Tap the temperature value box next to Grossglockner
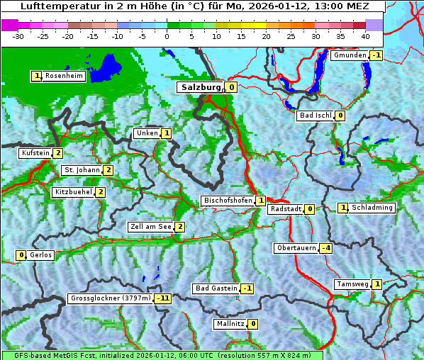[x=164, y=298]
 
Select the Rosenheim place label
[x=64, y=76]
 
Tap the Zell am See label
[x=150, y=227]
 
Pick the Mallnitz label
[x=230, y=324]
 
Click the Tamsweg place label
[x=352, y=284]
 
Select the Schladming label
[x=372, y=208]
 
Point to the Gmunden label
[x=350, y=55]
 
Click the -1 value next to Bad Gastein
[x=247, y=288]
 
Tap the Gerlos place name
[x=40, y=255]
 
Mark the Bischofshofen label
[x=228, y=201]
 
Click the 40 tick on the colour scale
[x=364, y=35]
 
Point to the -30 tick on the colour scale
[x=18, y=35]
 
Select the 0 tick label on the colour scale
[x=167, y=35]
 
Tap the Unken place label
[x=147, y=133]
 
